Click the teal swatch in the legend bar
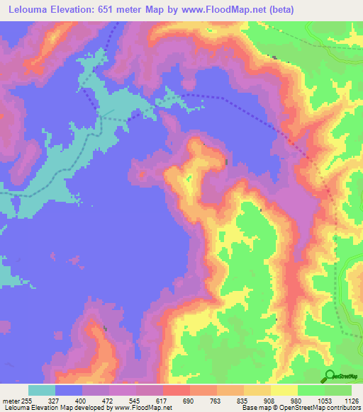42,391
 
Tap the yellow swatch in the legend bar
284,391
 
